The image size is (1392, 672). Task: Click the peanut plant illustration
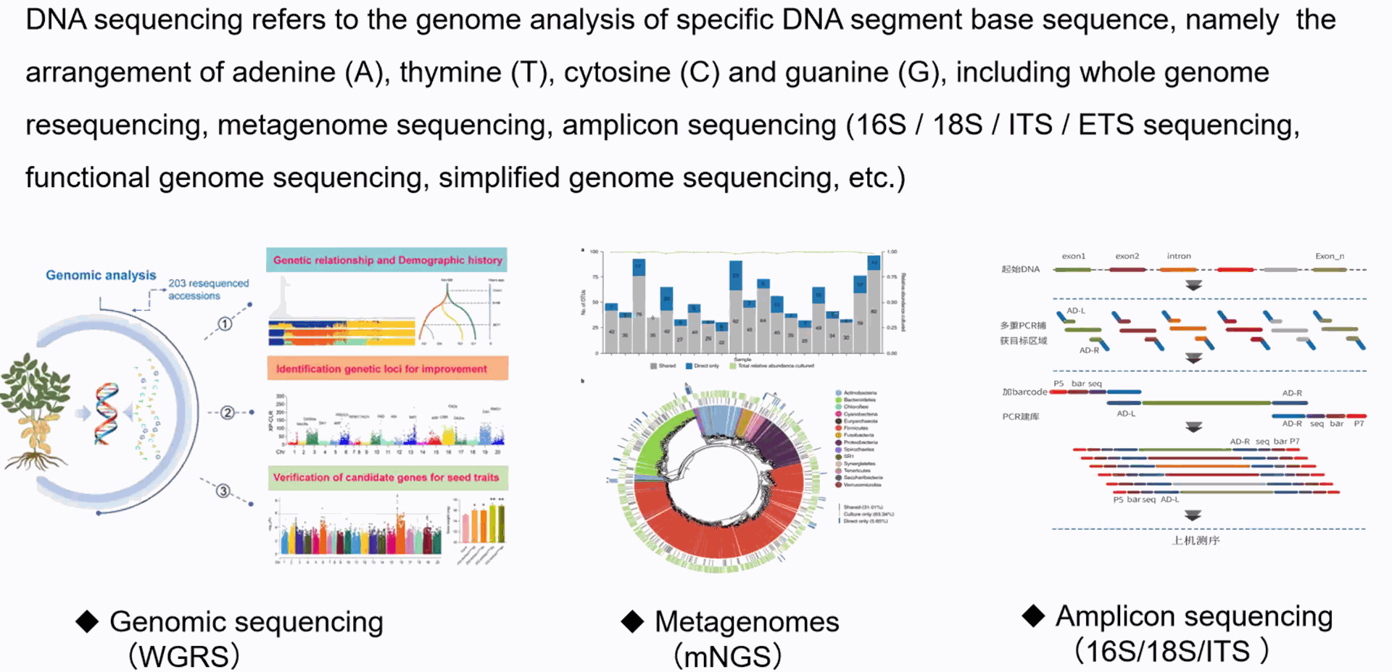[35, 410]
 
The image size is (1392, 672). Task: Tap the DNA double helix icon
[107, 412]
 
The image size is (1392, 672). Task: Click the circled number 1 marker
[225, 324]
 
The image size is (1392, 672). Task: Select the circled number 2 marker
[228, 412]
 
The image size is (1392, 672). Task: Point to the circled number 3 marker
[223, 491]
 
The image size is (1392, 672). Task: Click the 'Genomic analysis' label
[101, 275]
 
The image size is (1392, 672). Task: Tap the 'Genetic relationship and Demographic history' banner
[387, 260]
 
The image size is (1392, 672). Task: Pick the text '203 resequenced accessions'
[208, 289]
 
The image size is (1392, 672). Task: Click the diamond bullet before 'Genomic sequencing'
[88, 621]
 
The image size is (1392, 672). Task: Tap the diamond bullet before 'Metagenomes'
[632, 621]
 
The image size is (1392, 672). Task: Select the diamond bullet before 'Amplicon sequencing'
[1033, 616]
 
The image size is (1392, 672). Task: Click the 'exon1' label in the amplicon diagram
[1073, 256]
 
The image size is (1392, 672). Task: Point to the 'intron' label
[1178, 256]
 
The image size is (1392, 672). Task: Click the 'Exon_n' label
[1329, 256]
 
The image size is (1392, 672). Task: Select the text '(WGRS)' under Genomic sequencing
[184, 656]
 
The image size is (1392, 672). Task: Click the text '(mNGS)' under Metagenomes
[728, 656]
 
